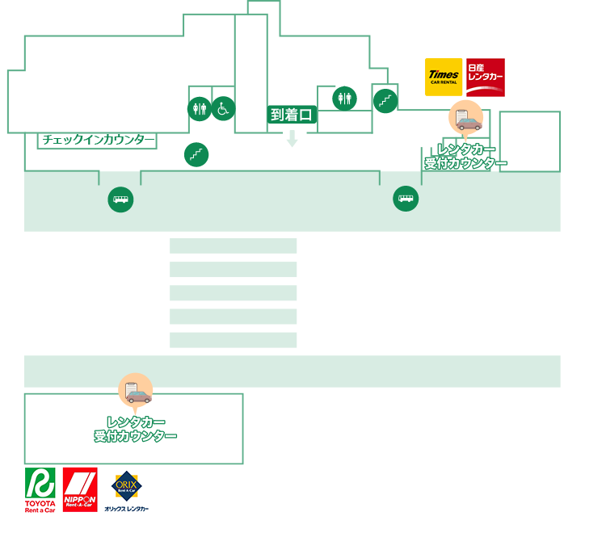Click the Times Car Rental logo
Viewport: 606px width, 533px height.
(x=444, y=77)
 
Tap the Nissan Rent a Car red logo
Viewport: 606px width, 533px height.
(x=486, y=77)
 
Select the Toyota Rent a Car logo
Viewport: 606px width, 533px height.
(x=40, y=490)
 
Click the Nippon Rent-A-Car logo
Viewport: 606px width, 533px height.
(x=80, y=490)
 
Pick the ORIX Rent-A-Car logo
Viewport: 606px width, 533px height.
(x=128, y=490)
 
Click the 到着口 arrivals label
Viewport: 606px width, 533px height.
(x=292, y=115)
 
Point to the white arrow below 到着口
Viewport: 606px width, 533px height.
(x=292, y=139)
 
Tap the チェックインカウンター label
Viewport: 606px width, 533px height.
(x=98, y=141)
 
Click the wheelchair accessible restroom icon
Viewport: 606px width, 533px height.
(x=223, y=107)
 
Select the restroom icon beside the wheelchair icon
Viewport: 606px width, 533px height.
(x=200, y=108)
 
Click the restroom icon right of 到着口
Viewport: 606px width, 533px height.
(x=345, y=99)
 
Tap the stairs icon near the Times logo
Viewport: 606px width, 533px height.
(x=385, y=101)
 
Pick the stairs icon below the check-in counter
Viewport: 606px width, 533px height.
(x=196, y=154)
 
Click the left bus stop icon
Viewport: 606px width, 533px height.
(x=120, y=199)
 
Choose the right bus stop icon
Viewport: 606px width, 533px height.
(x=406, y=199)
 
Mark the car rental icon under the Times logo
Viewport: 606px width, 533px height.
(x=466, y=118)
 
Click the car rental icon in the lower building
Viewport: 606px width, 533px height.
(x=136, y=391)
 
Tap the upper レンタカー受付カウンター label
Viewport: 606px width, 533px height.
(x=466, y=157)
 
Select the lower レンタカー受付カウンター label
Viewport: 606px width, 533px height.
(x=136, y=429)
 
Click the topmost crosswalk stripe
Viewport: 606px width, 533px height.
(x=234, y=246)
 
